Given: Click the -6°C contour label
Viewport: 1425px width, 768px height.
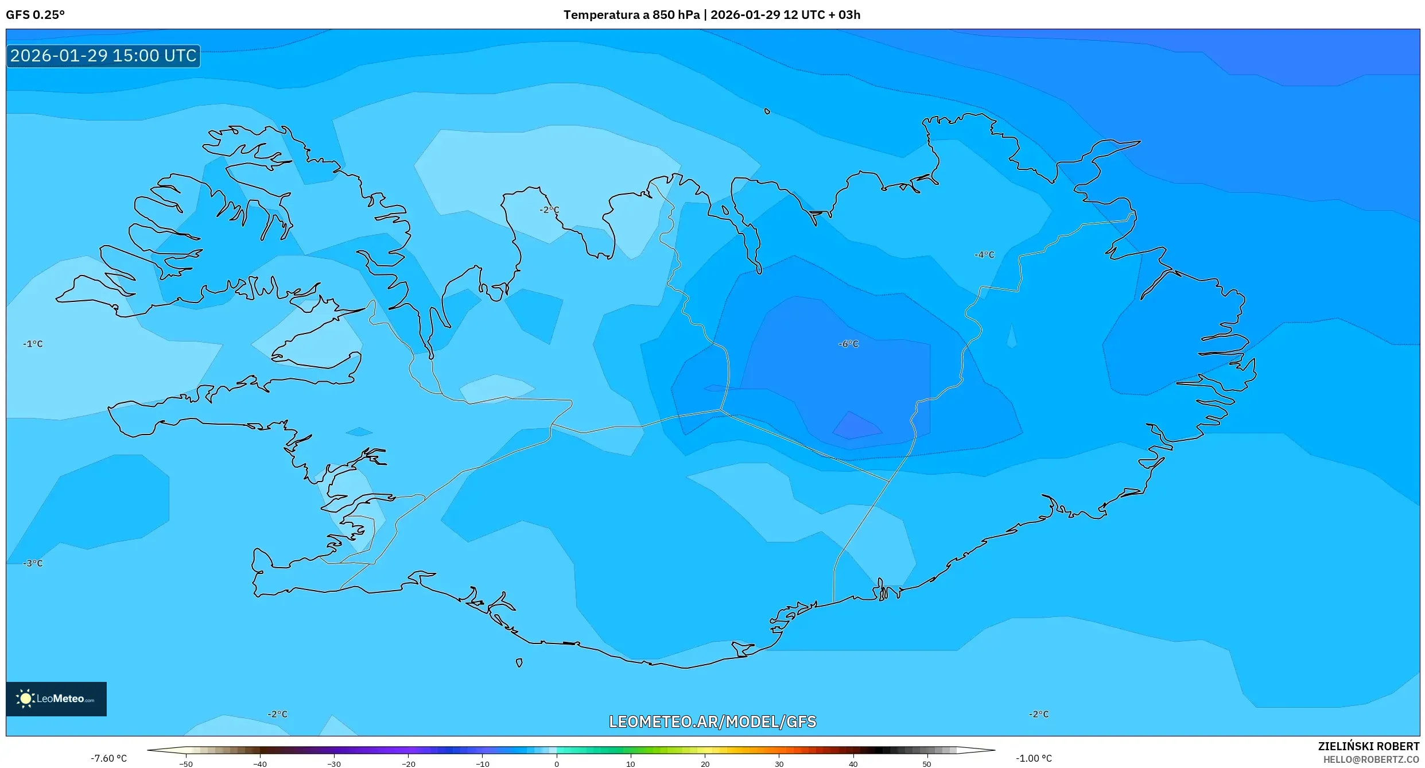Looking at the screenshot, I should coord(848,344).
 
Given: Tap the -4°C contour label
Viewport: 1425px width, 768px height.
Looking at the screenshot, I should coord(984,254).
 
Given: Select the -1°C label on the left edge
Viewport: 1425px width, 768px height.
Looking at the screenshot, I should coord(33,344).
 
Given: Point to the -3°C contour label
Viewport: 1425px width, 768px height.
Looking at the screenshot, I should coord(33,563).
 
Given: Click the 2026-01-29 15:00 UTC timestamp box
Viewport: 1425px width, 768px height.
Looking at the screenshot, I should coord(103,56).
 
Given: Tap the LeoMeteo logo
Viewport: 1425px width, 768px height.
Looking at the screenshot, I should coord(56,699).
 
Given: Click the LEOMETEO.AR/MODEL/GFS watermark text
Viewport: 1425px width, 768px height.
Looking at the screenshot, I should coord(712,722).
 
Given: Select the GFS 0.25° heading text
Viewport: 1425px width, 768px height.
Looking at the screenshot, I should coord(35,15).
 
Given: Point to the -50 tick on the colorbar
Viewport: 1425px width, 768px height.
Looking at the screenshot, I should coord(186,764).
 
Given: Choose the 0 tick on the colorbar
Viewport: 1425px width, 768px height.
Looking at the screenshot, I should coord(556,764).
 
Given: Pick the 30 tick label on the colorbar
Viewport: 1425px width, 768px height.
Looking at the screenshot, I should coord(779,764).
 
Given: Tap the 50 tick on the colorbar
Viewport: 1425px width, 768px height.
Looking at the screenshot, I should coord(927,764).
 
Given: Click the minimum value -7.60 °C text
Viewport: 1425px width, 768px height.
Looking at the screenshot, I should coord(108,758).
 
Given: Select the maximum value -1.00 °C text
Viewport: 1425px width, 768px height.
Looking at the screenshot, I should coord(1034,758).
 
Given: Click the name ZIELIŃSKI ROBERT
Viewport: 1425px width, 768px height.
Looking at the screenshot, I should coord(1368,746).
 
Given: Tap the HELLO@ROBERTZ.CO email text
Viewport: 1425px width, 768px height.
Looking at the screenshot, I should coord(1371,759).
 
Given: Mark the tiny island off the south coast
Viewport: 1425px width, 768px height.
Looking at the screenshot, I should coord(519,663).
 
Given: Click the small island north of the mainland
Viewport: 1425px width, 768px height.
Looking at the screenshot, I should coord(767,111).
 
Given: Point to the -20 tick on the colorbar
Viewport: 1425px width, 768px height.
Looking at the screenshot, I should coord(408,764).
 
